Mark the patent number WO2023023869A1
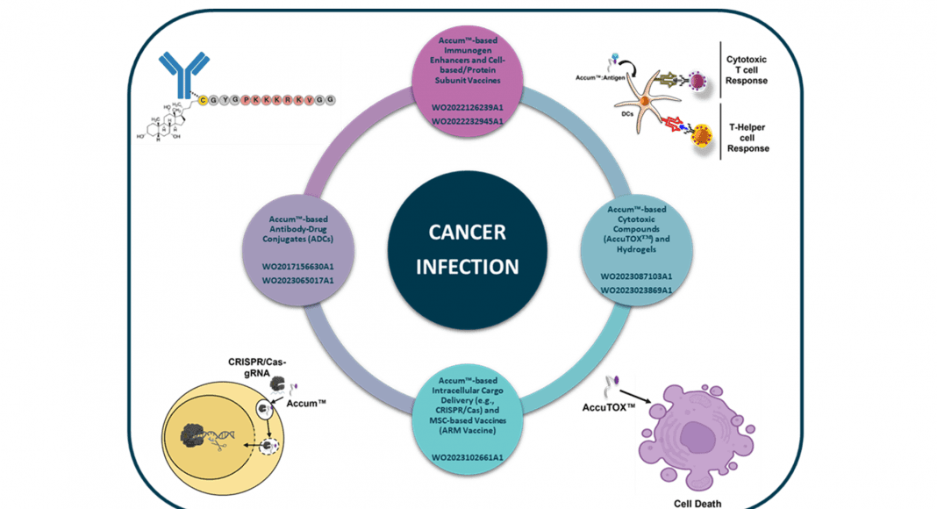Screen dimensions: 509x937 coord(636,290)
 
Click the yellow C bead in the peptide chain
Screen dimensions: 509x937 coord(204,100)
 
